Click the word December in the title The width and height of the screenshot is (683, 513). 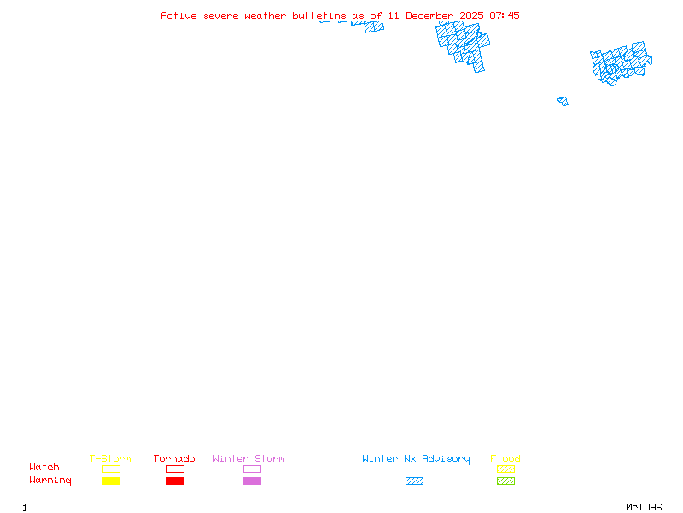429,15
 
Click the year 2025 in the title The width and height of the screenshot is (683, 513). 471,15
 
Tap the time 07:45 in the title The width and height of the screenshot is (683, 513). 505,15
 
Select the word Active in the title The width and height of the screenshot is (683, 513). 178,15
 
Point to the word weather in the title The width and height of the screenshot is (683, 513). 265,15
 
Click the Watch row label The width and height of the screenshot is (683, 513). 44,467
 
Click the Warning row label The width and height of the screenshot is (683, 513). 50,481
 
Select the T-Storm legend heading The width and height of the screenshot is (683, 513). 110,458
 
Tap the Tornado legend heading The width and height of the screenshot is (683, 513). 174,458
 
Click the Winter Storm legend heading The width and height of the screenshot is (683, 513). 248,458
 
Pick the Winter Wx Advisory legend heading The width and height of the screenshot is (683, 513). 416,459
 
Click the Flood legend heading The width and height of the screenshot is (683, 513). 505,458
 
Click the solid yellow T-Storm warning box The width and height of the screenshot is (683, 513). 112,481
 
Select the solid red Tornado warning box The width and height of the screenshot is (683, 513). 176,481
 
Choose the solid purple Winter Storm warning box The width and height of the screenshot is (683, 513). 252,481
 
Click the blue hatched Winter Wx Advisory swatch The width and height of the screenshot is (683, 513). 414,481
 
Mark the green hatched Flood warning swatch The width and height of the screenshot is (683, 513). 505,481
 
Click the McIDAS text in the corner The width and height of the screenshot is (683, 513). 644,507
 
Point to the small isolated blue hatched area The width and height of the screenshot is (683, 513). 563,101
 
